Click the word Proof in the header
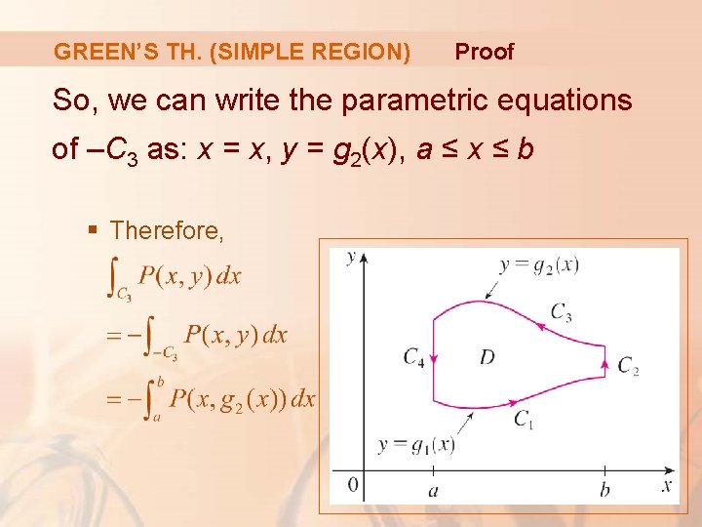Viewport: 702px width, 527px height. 484,52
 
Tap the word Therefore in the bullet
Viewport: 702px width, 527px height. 167,231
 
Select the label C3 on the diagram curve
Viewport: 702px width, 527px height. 561,312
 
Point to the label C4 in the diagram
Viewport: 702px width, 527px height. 413,357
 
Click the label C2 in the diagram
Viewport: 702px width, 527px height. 629,367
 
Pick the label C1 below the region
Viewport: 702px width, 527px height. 525,419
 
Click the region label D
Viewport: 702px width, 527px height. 487,357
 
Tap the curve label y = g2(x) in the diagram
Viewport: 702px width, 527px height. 539,264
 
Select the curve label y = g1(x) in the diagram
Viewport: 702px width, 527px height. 417,445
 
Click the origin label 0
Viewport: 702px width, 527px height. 353,485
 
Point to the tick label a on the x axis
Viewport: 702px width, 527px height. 433,490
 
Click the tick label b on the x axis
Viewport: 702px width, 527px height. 604,489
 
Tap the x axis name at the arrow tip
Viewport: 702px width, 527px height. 667,484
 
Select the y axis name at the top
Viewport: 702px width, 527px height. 350,258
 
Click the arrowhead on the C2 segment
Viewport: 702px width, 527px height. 604,366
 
